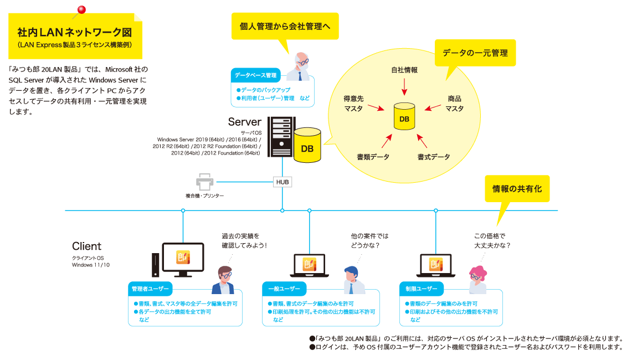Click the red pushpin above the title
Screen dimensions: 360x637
82,10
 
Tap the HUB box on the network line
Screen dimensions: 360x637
282,182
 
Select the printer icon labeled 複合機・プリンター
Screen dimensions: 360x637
204,182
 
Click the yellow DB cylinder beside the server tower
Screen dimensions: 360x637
307,146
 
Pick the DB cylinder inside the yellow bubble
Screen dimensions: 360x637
404,116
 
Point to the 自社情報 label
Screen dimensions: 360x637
404,70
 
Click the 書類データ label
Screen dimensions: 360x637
373,157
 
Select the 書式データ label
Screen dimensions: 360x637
434,157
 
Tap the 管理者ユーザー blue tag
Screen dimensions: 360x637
150,289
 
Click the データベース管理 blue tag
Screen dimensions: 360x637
255,75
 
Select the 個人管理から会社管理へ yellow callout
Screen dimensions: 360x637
285,26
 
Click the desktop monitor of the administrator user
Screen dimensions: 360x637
182,258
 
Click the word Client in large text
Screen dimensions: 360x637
87,246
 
